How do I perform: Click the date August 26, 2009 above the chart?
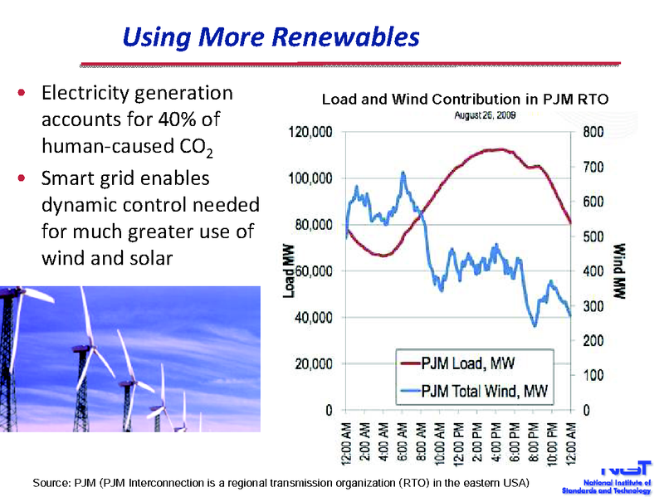pyautogui.click(x=485, y=115)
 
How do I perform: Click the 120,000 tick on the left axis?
pyautogui.click(x=311, y=132)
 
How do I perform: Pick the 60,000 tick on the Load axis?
pyautogui.click(x=315, y=271)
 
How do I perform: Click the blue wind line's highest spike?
pyautogui.click(x=403, y=173)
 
